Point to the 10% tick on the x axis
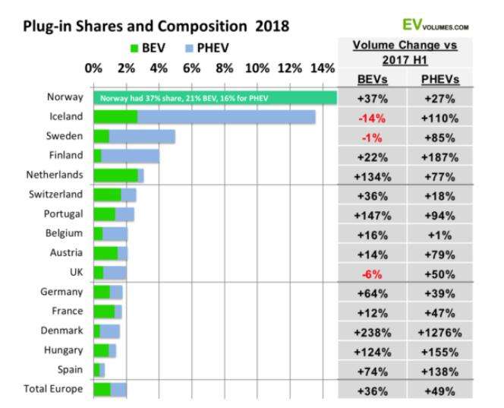point(257,68)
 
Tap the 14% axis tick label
point(322,68)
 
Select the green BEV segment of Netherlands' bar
point(115,176)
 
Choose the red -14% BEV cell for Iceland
point(371,118)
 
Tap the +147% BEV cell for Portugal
point(371,215)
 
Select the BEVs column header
point(371,79)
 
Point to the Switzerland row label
point(61,195)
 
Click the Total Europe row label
point(55,389)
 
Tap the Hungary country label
point(68,350)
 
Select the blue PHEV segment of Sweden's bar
point(142,136)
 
